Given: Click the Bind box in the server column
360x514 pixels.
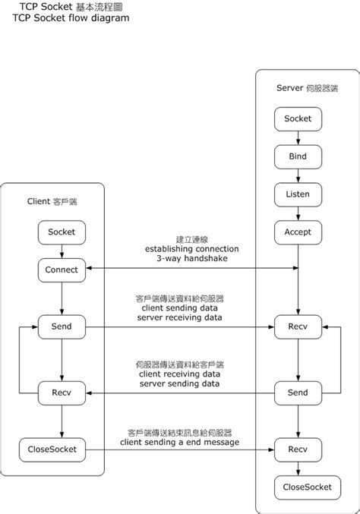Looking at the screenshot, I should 298,156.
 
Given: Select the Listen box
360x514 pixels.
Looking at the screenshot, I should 298,194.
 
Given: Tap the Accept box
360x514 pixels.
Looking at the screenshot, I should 298,232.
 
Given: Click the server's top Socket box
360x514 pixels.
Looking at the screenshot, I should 298,118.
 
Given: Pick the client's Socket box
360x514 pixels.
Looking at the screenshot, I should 62,232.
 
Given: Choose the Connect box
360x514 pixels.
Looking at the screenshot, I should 62,269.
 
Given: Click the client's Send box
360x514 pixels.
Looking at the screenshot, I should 62,326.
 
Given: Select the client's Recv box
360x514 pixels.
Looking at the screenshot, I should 62,393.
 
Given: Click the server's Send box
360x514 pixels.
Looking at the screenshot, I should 298,393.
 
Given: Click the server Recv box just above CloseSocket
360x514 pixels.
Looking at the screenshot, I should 298,449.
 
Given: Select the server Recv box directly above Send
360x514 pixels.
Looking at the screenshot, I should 298,326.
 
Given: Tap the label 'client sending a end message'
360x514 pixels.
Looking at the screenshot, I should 179,442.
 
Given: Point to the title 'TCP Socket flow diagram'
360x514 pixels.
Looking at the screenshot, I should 66,17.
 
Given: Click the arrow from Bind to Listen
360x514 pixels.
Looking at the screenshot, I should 298,175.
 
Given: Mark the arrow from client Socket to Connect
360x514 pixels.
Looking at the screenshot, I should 62,251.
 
